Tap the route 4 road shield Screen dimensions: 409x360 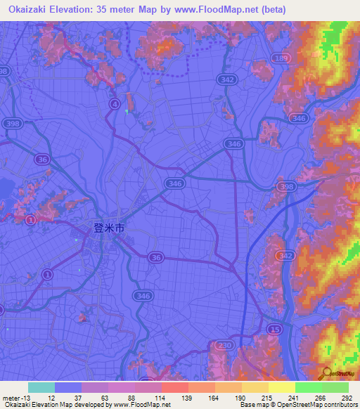pos(114,103)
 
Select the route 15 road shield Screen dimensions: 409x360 pos(276,329)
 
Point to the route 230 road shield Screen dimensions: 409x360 pos(224,345)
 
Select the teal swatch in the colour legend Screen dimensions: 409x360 pos(41,387)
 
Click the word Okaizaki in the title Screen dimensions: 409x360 pos(30,8)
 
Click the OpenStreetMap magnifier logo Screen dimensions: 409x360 pos(326,373)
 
